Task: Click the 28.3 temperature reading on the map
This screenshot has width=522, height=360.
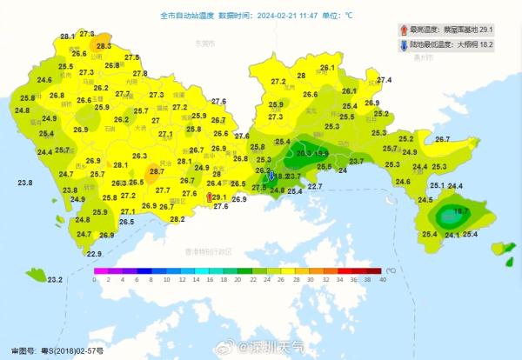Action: click(104, 46)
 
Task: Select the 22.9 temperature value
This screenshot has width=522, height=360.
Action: click(94, 254)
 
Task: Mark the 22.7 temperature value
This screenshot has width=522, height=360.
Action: click(315, 187)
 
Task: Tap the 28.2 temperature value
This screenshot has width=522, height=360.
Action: click(177, 219)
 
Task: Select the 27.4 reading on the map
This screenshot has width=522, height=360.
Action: click(384, 80)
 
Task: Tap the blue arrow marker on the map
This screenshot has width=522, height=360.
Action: click(272, 176)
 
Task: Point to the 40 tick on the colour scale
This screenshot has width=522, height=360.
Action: click(383, 280)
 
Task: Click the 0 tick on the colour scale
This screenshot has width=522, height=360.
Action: click(95, 280)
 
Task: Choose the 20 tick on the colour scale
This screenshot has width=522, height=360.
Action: click(238, 280)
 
